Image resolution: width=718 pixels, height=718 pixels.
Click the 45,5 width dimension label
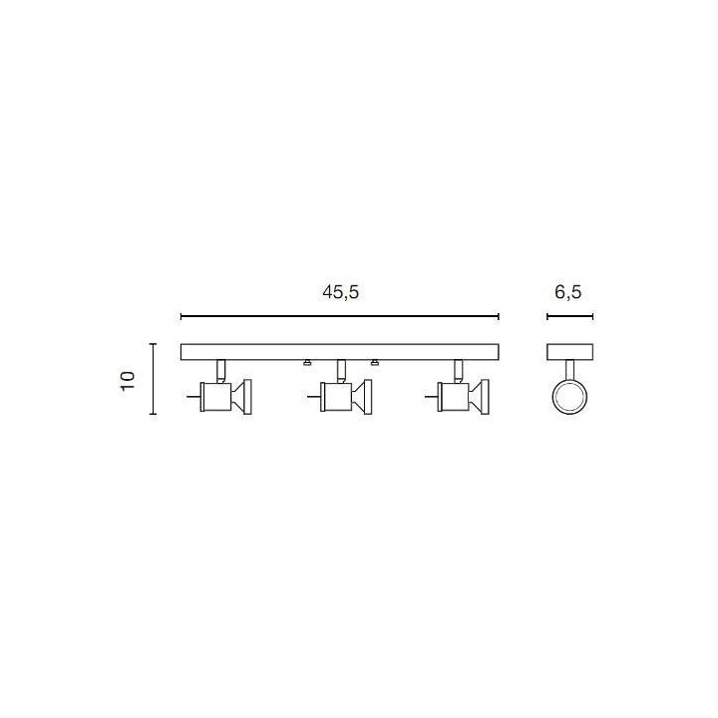(341, 292)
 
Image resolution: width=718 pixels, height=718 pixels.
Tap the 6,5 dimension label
(567, 292)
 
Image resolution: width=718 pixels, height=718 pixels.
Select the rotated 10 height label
(129, 381)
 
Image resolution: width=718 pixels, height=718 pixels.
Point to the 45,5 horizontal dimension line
(340, 316)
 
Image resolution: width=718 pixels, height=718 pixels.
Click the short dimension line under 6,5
(570, 316)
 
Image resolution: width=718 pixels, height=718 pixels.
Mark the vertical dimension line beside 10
(154, 379)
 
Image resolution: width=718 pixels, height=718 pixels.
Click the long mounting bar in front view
(340, 352)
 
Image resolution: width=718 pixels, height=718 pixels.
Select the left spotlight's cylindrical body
(216, 397)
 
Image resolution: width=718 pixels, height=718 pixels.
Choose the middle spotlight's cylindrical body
(337, 397)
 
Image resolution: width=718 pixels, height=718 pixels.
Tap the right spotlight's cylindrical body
(454, 397)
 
